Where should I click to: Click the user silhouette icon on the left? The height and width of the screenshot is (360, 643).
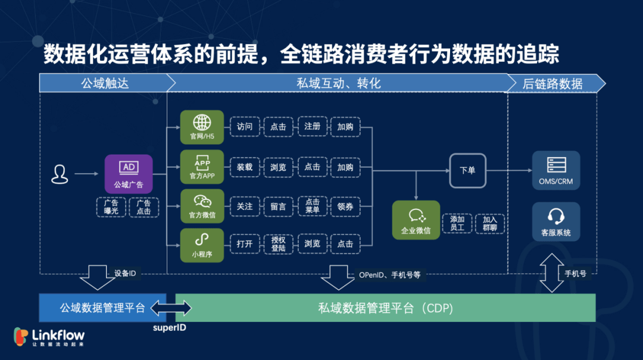60,174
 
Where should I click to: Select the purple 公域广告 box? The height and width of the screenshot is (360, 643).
129,174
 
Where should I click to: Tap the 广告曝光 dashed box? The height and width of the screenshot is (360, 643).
111,207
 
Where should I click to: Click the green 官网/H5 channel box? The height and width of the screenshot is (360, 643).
202,127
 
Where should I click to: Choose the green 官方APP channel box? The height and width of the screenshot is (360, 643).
202,167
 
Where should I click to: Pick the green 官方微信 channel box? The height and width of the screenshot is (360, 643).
202,206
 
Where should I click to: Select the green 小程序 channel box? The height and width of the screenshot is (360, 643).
202,245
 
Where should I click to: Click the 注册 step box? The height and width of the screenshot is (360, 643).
312,127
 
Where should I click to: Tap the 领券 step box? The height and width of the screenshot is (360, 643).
345,206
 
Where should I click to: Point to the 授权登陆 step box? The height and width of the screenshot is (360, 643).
278,245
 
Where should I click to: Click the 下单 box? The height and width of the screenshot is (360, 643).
467,171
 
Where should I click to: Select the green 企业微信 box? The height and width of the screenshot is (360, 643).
416,220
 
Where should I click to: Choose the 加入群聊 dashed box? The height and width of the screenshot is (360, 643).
489,224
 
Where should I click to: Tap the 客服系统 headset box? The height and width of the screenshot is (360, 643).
556,221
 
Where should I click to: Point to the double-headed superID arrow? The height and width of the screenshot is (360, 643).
171,308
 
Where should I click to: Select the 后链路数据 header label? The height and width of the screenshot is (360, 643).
553,83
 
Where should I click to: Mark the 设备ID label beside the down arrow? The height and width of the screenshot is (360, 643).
125,274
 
